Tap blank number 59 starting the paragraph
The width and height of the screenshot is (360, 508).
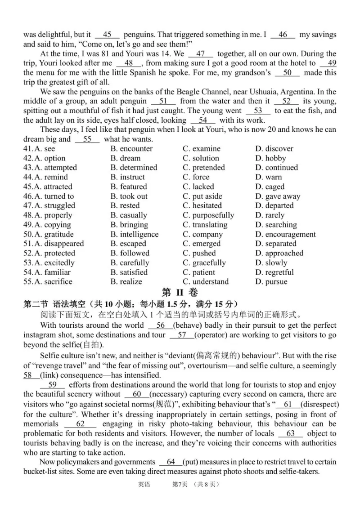(x=52, y=385)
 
